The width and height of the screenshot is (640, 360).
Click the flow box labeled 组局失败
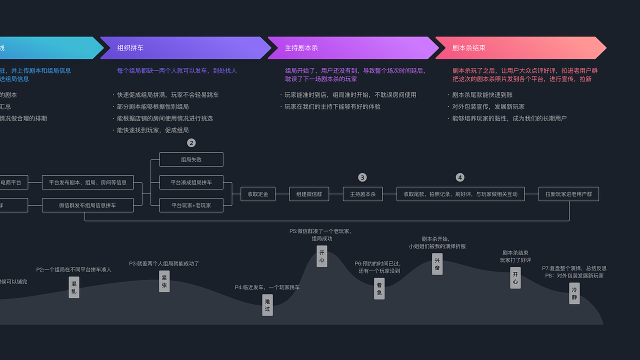click(191, 159)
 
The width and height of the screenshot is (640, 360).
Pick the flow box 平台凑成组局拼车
click(191, 182)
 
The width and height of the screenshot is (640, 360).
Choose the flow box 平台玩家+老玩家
click(191, 205)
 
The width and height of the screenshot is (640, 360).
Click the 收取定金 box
click(258, 194)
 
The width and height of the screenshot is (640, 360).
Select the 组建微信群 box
click(309, 194)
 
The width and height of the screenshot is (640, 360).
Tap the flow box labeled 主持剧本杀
click(362, 194)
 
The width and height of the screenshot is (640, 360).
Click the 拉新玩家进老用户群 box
click(568, 194)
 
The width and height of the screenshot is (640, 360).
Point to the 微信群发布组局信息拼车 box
click(87, 205)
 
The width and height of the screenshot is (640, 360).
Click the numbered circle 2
click(191, 143)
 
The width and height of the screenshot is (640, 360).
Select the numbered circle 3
click(362, 177)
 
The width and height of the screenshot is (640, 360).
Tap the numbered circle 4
click(460, 177)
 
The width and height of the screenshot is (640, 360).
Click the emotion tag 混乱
click(74, 287)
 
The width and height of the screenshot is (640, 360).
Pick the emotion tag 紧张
click(164, 281)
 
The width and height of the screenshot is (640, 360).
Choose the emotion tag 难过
click(267, 305)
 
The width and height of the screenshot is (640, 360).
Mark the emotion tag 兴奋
click(437, 264)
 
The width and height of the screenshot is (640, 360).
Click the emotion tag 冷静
click(574, 293)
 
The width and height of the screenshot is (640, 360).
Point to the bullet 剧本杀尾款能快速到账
click(482, 95)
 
